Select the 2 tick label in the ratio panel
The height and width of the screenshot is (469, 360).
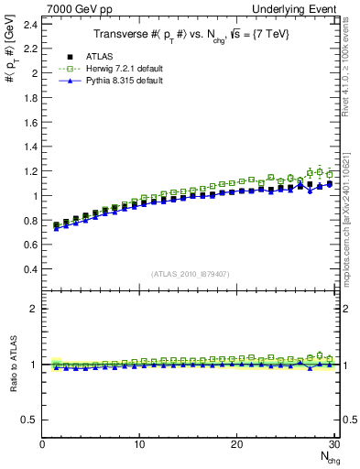35,309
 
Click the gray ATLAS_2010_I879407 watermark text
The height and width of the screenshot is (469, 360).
190,273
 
